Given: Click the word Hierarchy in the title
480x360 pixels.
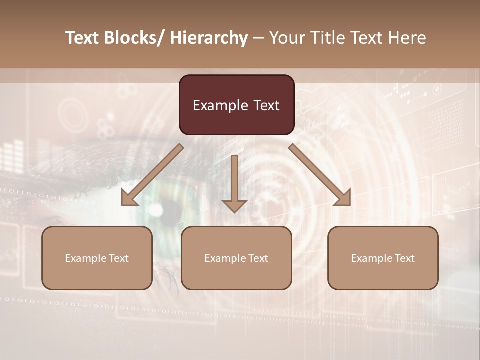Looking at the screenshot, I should click(208, 38).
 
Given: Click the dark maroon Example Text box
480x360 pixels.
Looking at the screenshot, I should click(236, 105).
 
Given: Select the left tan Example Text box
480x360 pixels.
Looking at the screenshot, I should click(97, 258).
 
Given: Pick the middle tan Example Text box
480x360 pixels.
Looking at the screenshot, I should click(236, 258).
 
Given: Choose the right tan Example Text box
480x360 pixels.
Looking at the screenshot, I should click(383, 258).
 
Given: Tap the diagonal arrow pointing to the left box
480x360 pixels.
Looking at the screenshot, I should click(152, 175).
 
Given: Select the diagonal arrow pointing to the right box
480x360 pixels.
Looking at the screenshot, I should click(320, 175).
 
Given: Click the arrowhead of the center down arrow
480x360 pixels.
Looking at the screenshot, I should click(234, 205).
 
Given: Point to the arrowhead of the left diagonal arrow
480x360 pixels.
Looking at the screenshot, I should click(128, 198).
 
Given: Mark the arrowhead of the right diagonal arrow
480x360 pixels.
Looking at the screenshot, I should click(343, 198).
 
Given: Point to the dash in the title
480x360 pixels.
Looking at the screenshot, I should click(258, 38).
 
